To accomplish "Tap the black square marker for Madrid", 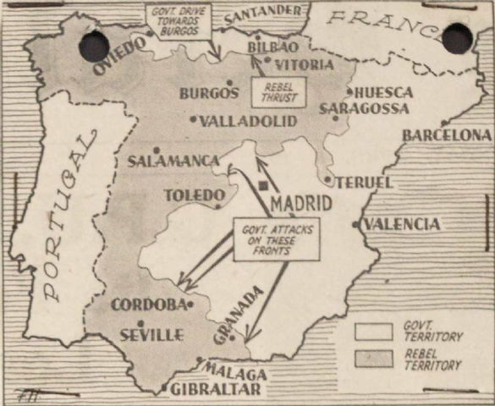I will (x=265, y=185).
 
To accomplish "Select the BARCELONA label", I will (x=447, y=134).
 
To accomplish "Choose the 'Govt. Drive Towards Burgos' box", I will (x=179, y=21).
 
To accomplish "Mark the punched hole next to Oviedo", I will (x=94, y=47).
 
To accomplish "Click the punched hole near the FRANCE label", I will (x=457, y=38).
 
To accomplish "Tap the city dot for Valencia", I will (x=355, y=224).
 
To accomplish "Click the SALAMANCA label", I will (x=173, y=161).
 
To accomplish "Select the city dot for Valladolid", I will (x=194, y=120).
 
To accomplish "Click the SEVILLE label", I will (x=152, y=335).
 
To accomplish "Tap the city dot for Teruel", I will (x=328, y=179).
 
